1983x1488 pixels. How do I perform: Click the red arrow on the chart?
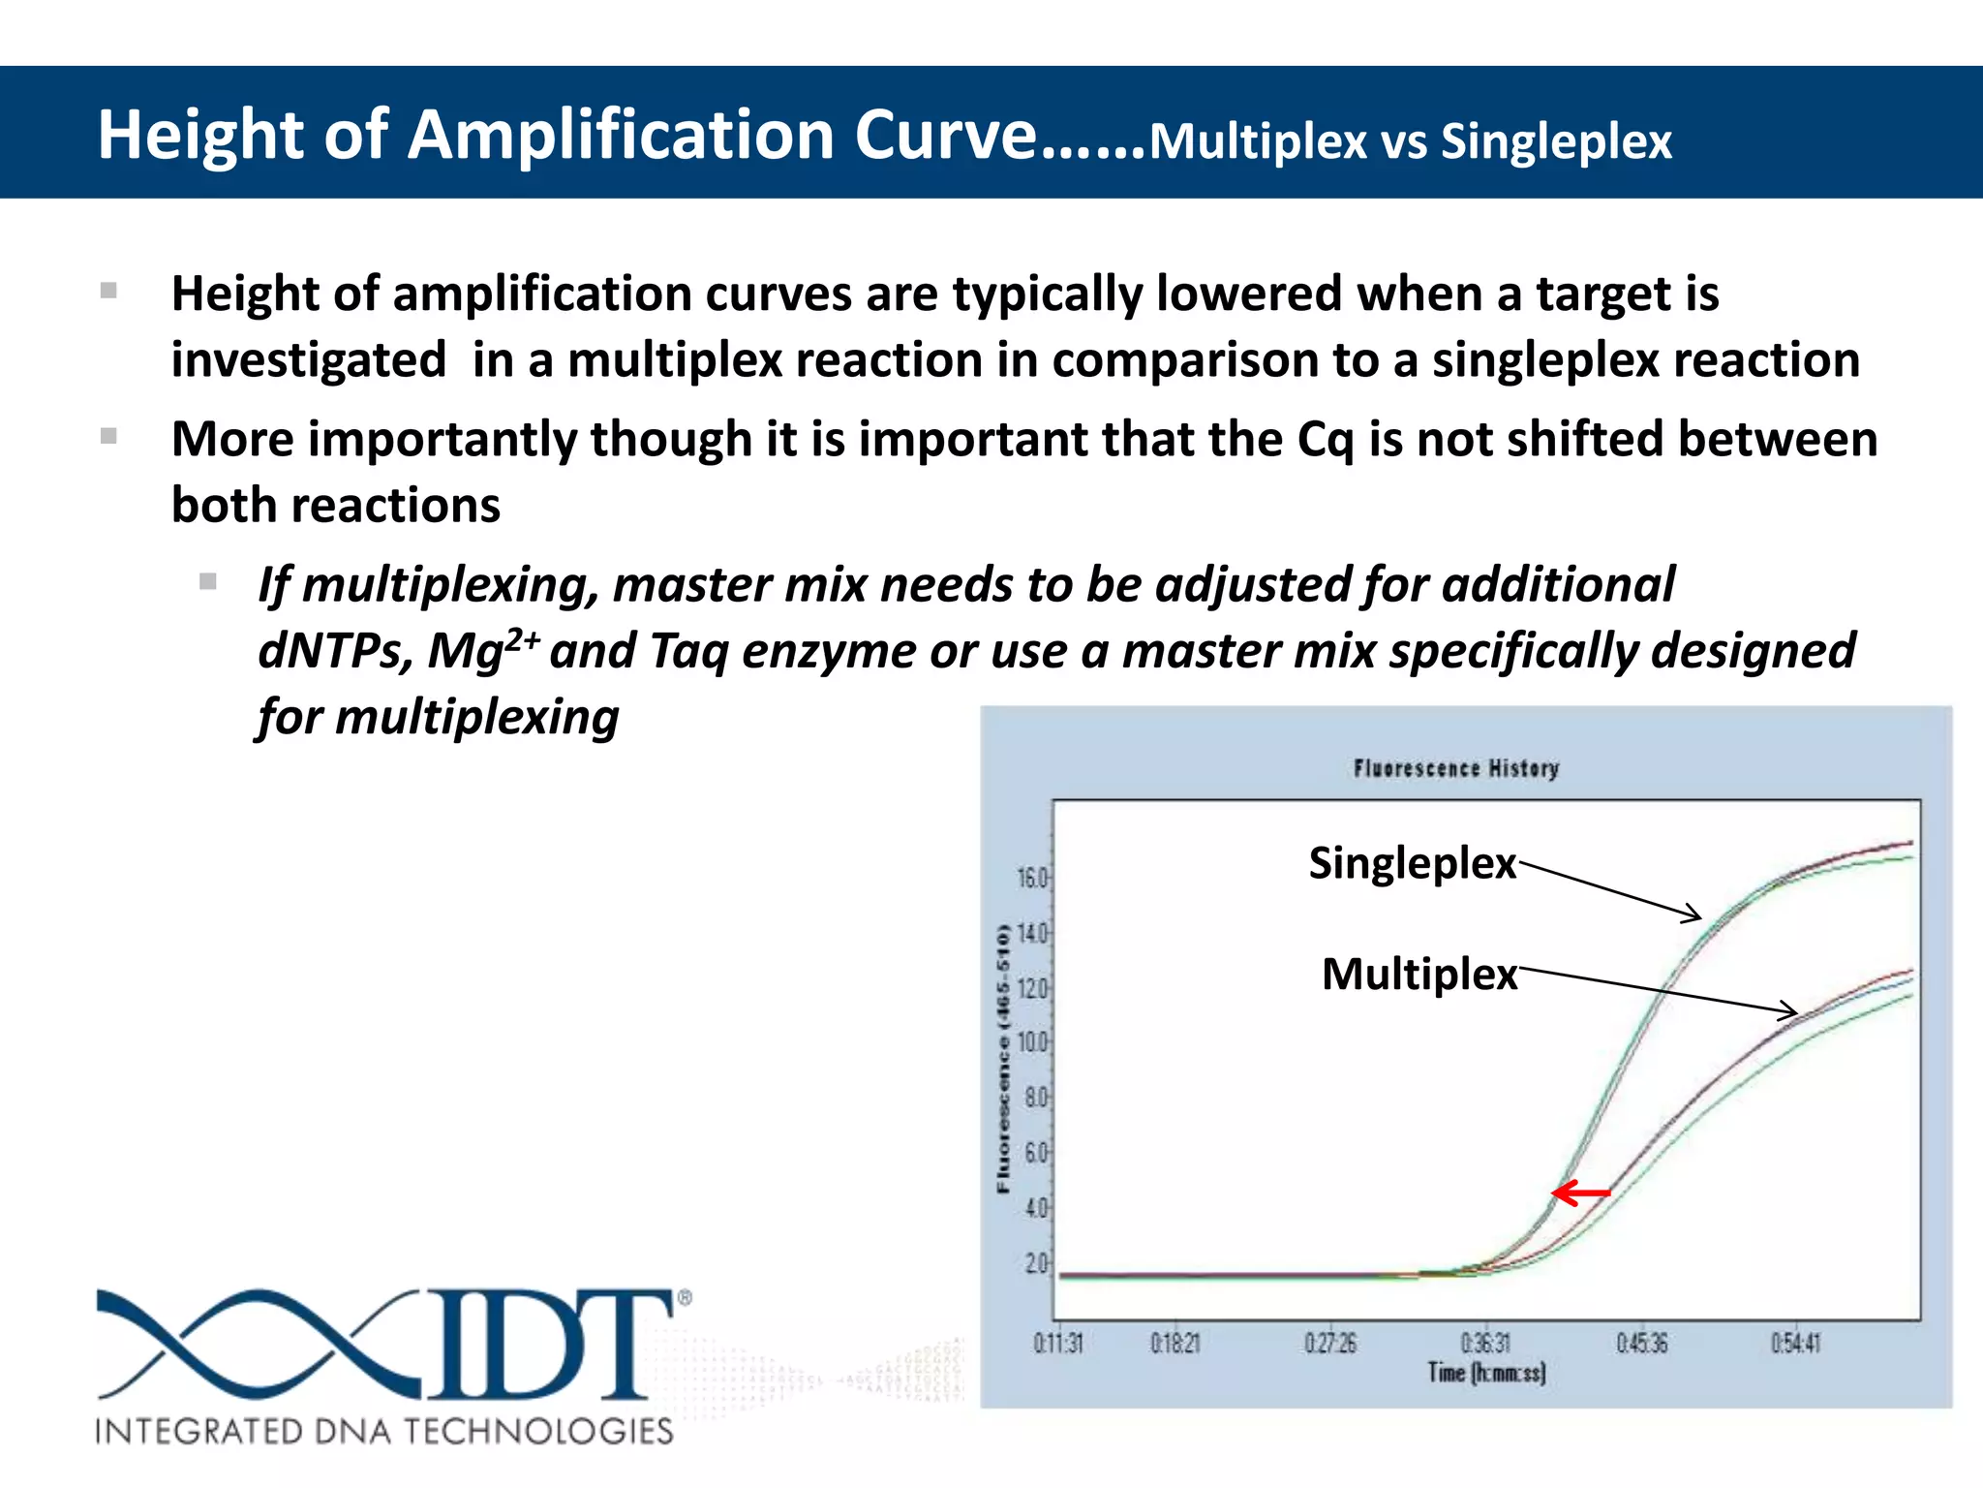click(x=1581, y=1193)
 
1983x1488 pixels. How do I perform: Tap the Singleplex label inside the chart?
click(x=1412, y=863)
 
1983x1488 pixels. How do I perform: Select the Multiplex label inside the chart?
click(x=1419, y=975)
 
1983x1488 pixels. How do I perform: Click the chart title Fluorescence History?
click(x=1456, y=769)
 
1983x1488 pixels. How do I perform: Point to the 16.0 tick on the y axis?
click(x=1032, y=879)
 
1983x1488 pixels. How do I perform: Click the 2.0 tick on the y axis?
click(x=1035, y=1264)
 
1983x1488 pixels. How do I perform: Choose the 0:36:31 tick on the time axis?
click(x=1484, y=1344)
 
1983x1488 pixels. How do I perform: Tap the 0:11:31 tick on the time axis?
click(x=1058, y=1344)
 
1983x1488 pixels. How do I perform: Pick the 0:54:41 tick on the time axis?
click(x=1796, y=1344)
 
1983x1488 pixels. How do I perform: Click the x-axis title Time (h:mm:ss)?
click(x=1486, y=1373)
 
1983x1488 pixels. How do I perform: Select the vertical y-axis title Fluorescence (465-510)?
click(x=1003, y=1059)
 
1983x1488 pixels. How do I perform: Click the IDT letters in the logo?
click(x=552, y=1345)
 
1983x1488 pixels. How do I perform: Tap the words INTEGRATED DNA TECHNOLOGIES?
click(x=384, y=1431)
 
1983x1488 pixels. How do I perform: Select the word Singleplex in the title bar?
click(x=1556, y=141)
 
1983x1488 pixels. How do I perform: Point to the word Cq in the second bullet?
click(x=1325, y=440)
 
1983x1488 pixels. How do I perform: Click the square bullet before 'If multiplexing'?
click(x=208, y=582)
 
